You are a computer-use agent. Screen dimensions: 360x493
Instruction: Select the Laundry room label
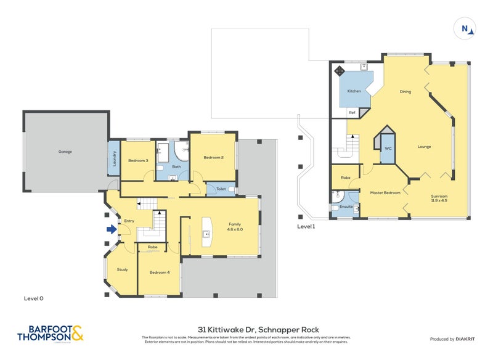tap(114, 159)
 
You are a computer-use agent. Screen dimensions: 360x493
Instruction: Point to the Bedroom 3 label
tap(138, 160)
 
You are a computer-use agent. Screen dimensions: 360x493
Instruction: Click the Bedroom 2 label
tap(213, 157)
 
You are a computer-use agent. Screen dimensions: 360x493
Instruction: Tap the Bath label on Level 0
tap(176, 166)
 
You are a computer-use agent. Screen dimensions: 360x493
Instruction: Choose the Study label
tap(122, 269)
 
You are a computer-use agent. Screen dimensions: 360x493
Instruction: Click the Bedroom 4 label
tap(159, 272)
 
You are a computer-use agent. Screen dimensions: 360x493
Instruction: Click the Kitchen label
tap(354, 91)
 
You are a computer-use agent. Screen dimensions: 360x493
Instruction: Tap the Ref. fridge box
tap(353, 113)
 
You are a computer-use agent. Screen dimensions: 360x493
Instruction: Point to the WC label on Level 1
tap(388, 149)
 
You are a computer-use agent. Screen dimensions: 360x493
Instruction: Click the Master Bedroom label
tap(385, 192)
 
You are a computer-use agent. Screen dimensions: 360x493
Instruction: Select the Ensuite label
tap(346, 207)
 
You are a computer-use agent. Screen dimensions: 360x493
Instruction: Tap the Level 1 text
tap(306, 227)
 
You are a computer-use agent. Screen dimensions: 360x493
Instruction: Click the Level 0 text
tap(33, 298)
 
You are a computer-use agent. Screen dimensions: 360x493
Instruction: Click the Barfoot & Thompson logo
tap(52, 333)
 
